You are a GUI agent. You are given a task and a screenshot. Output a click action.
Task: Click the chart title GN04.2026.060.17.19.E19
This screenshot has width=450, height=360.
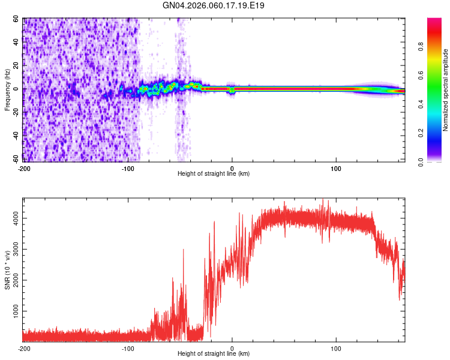tap(214, 5)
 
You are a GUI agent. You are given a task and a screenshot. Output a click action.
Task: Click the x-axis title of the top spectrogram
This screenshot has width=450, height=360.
tap(214, 173)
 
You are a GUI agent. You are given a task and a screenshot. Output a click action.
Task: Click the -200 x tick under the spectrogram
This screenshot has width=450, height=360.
tap(24, 167)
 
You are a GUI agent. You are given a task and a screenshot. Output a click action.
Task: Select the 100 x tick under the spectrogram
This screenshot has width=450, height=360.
tap(336, 167)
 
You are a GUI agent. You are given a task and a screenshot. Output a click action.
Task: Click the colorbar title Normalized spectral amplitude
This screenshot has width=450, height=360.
tap(445, 90)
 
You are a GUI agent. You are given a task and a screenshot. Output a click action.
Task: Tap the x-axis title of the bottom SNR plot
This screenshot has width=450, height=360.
tap(214, 354)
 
